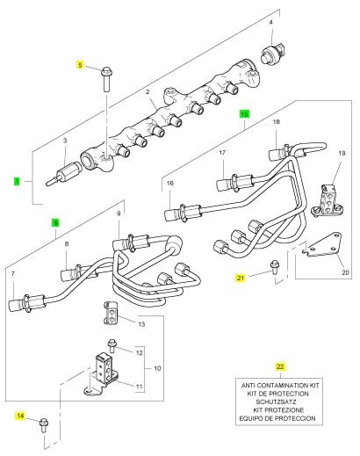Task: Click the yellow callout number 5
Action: pyautogui.click(x=80, y=64)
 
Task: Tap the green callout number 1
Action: pyautogui.click(x=17, y=181)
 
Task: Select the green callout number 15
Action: pyautogui.click(x=244, y=114)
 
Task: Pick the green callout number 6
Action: pyautogui.click(x=55, y=222)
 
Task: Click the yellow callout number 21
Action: pyautogui.click(x=241, y=278)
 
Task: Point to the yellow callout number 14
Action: pyautogui.click(x=20, y=416)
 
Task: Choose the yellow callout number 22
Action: pyautogui.click(x=280, y=366)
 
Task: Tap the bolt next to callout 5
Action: pyautogui.click(x=106, y=79)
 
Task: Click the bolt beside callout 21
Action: pyautogui.click(x=274, y=267)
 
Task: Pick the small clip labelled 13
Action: pyautogui.click(x=110, y=314)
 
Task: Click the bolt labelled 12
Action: pyautogui.click(x=112, y=346)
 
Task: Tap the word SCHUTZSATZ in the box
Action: pyautogui.click(x=276, y=402)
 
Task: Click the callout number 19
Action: pyautogui.click(x=342, y=153)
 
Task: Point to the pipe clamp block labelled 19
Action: pyautogui.click(x=328, y=200)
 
